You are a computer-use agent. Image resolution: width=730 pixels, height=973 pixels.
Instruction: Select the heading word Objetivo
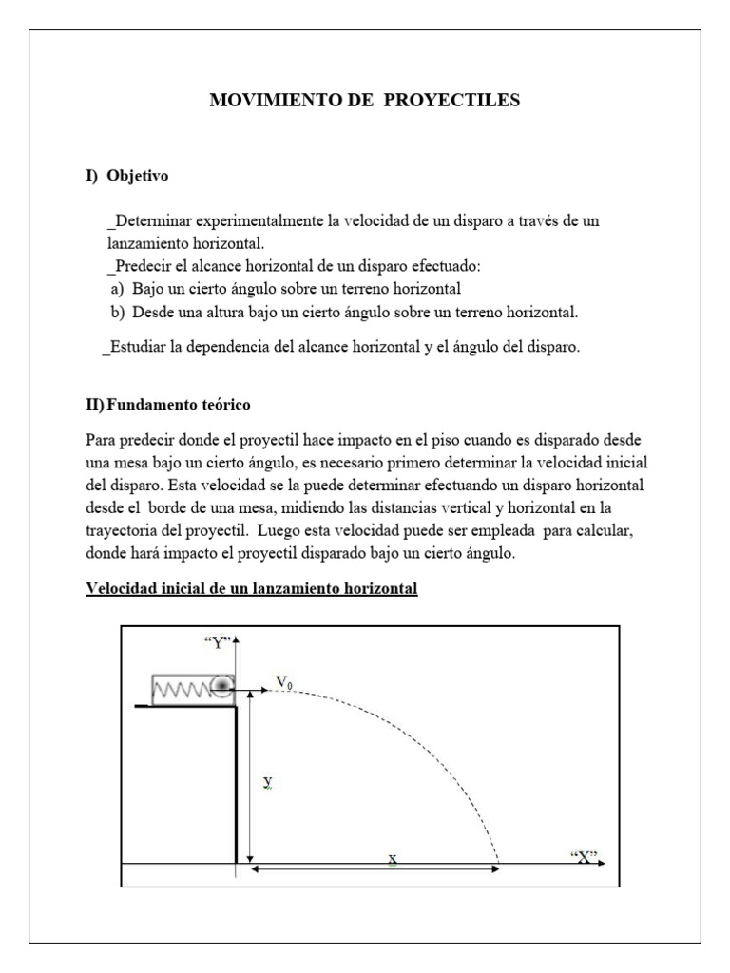(x=138, y=176)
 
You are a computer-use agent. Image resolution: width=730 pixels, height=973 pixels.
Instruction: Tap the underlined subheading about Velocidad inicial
(x=252, y=589)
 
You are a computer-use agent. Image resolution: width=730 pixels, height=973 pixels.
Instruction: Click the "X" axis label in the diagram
(x=585, y=857)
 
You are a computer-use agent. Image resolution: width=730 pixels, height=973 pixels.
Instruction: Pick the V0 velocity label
(x=284, y=682)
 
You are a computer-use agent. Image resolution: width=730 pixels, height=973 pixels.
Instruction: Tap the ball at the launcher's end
(x=222, y=686)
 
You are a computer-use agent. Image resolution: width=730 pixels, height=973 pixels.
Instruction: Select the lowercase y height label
(x=268, y=781)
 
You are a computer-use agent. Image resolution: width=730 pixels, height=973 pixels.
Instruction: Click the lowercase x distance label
(x=392, y=859)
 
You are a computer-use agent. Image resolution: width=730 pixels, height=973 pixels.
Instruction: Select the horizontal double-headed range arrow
(x=375, y=868)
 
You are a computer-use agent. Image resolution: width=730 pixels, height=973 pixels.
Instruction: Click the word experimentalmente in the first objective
(x=257, y=220)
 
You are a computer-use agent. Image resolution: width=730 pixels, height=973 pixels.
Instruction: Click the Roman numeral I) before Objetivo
(x=92, y=176)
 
